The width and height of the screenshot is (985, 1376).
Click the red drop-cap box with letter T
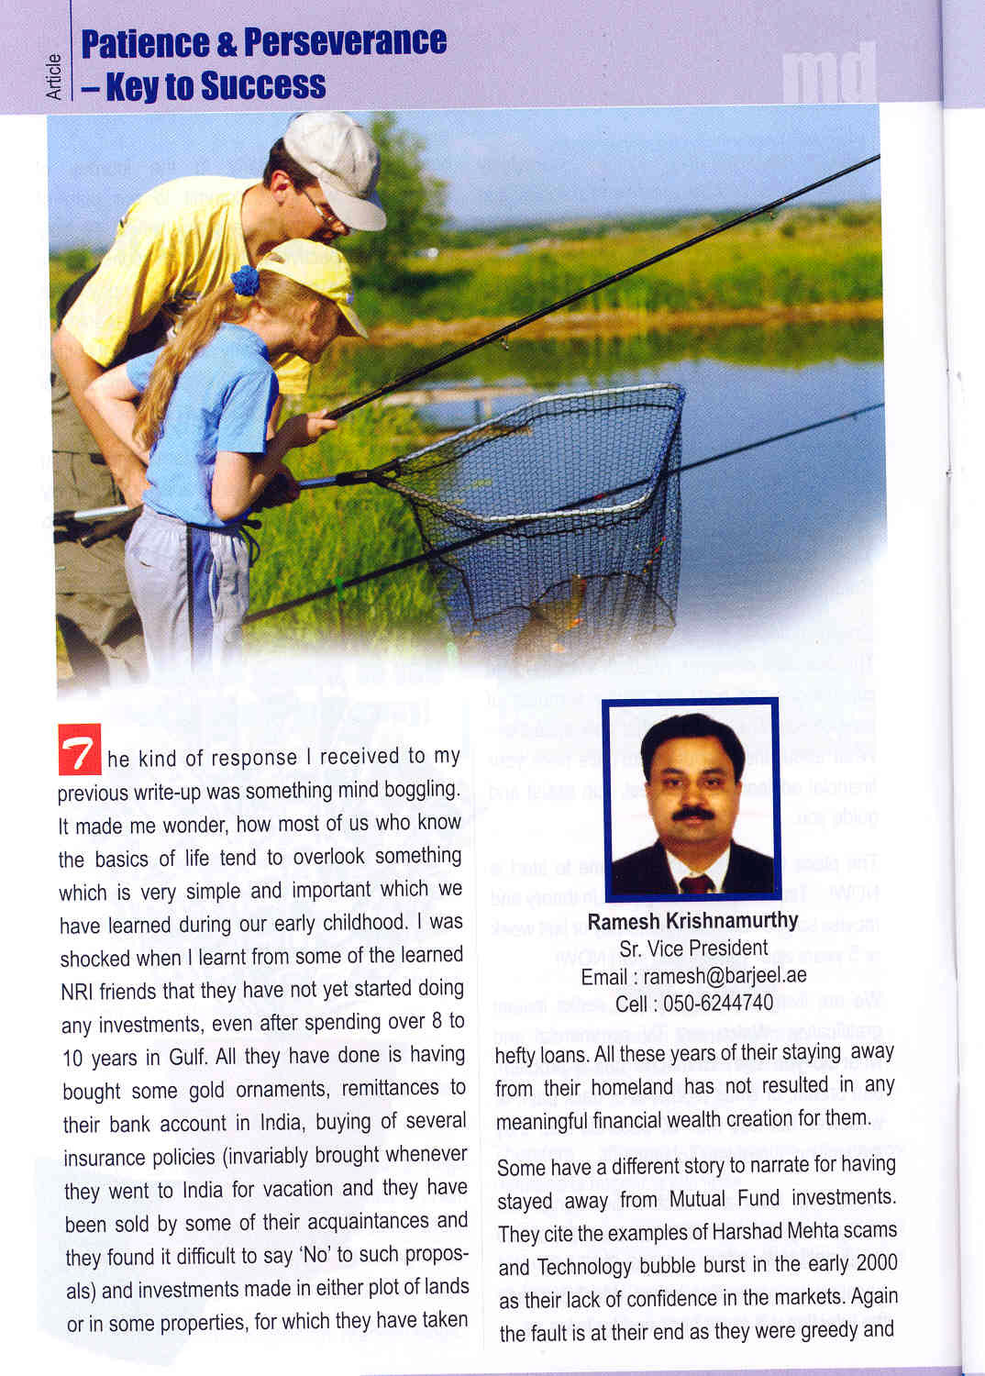coord(80,749)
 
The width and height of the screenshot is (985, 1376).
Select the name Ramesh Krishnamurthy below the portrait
coord(692,920)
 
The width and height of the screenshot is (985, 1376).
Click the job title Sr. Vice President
coord(693,948)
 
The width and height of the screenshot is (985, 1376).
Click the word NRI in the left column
coord(79,992)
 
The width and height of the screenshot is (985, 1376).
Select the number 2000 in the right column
coord(876,1263)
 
